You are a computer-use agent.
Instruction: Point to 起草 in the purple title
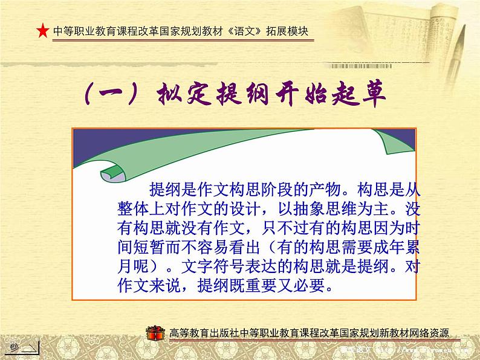point(358,95)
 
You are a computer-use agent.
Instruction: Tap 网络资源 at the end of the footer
point(437,333)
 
